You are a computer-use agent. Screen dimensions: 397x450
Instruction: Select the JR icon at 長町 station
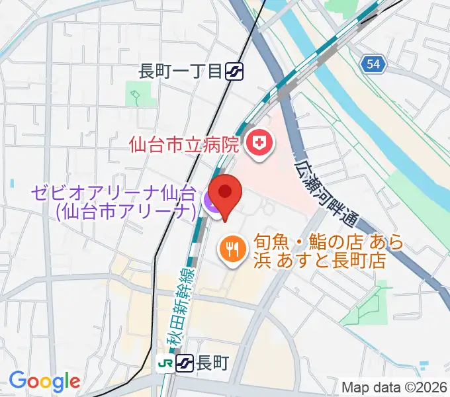[x=165, y=363]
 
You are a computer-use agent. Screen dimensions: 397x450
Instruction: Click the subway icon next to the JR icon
[x=185, y=363]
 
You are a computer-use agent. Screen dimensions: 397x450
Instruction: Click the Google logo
[x=44, y=381]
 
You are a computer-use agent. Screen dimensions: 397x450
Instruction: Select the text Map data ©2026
[x=394, y=387]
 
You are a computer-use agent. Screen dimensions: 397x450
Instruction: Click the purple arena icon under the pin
[x=213, y=204]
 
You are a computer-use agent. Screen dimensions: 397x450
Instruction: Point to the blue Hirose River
[x=371, y=119]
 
